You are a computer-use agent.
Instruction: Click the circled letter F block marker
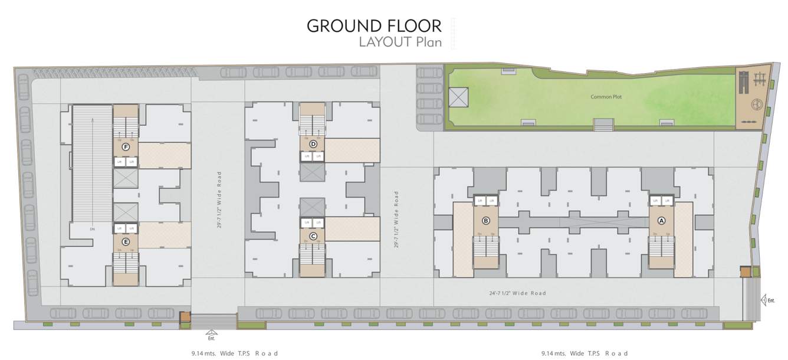(x=125, y=147)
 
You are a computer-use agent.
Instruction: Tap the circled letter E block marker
(x=125, y=242)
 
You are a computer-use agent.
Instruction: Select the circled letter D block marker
(x=313, y=144)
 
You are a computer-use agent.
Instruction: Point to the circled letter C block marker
(x=313, y=237)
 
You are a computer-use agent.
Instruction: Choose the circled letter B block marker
(x=486, y=221)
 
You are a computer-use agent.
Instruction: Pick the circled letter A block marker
(x=661, y=221)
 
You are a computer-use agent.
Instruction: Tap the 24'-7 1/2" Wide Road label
(x=517, y=293)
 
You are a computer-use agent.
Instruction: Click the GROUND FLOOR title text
(x=374, y=26)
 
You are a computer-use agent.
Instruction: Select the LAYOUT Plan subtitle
(x=400, y=42)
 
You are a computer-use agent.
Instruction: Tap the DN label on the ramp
(x=92, y=228)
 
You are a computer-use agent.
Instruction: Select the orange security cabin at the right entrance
(x=746, y=271)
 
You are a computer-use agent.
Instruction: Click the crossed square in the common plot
(x=458, y=97)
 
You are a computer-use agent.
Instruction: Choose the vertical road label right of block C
(x=396, y=219)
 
